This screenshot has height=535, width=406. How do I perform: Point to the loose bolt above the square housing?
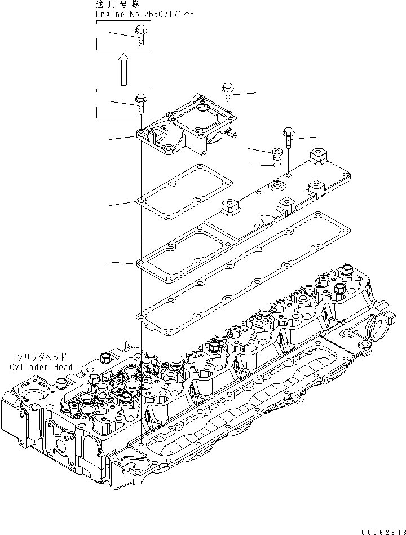tap(227, 91)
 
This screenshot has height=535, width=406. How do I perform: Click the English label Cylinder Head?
tap(41, 367)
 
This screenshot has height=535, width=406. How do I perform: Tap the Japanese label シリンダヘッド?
tap(41, 357)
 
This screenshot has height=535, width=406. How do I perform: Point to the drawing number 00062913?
tap(382, 530)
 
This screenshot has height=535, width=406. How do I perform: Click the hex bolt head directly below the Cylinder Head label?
tap(60, 384)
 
